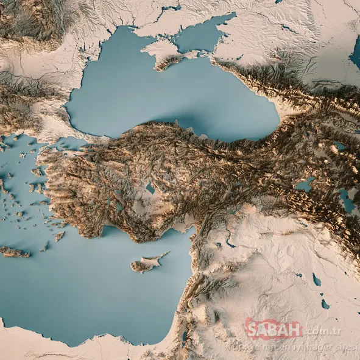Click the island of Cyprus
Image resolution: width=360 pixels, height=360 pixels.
tap(144, 264)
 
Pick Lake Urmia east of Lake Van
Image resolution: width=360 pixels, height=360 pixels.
tap(347, 200)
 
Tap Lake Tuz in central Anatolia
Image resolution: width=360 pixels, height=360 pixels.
tap(150, 188)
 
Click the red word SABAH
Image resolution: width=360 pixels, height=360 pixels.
tap(274, 331)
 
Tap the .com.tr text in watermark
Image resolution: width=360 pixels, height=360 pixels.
tap(322, 332)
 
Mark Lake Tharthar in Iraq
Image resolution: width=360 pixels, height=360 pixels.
tap(316, 280)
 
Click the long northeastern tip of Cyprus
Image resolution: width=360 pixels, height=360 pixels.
tap(163, 255)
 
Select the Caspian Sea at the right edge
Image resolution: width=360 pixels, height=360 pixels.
tap(355, 55)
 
